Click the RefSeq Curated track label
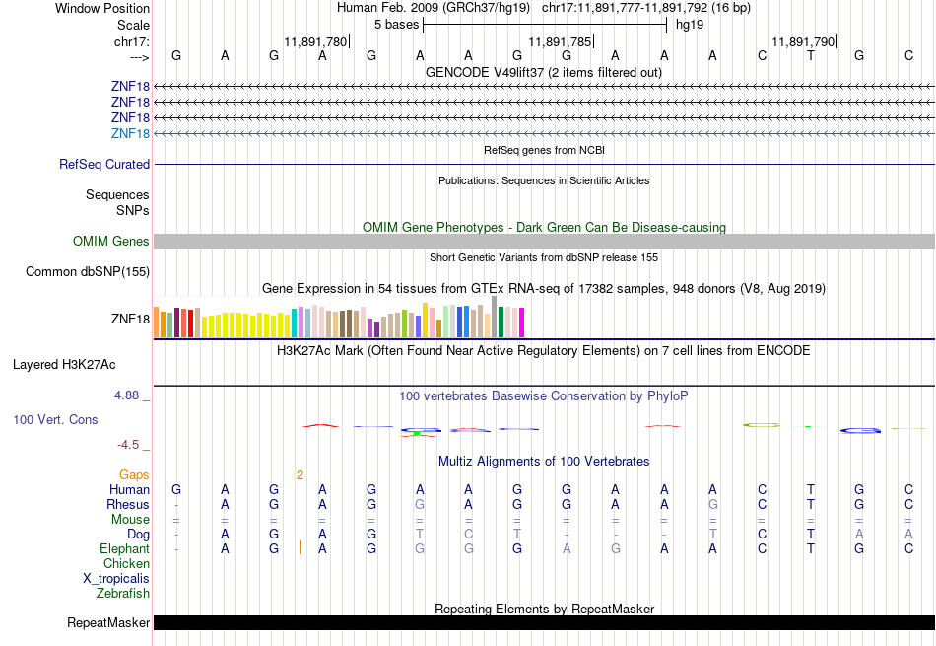pyautogui.click(x=104, y=165)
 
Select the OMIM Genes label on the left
pyautogui.click(x=111, y=242)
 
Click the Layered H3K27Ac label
pyautogui.click(x=64, y=365)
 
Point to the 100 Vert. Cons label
pyautogui.click(x=55, y=420)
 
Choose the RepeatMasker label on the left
pyautogui.click(x=108, y=623)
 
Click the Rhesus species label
pyautogui.click(x=128, y=505)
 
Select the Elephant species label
pyautogui.click(x=124, y=549)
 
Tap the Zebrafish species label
pyautogui.click(x=123, y=594)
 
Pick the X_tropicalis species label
pyautogui.click(x=116, y=579)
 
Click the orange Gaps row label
pyautogui.click(x=134, y=475)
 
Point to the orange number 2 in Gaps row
pyautogui.click(x=300, y=475)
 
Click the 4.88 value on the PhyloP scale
pyautogui.click(x=132, y=395)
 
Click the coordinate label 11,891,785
pyautogui.click(x=560, y=42)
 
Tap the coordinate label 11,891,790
pyautogui.click(x=803, y=42)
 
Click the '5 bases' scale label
pyautogui.click(x=396, y=25)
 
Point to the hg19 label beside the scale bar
pyautogui.click(x=686, y=25)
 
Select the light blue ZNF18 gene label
pyautogui.click(x=131, y=134)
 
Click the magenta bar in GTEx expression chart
pyautogui.click(x=522, y=323)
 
